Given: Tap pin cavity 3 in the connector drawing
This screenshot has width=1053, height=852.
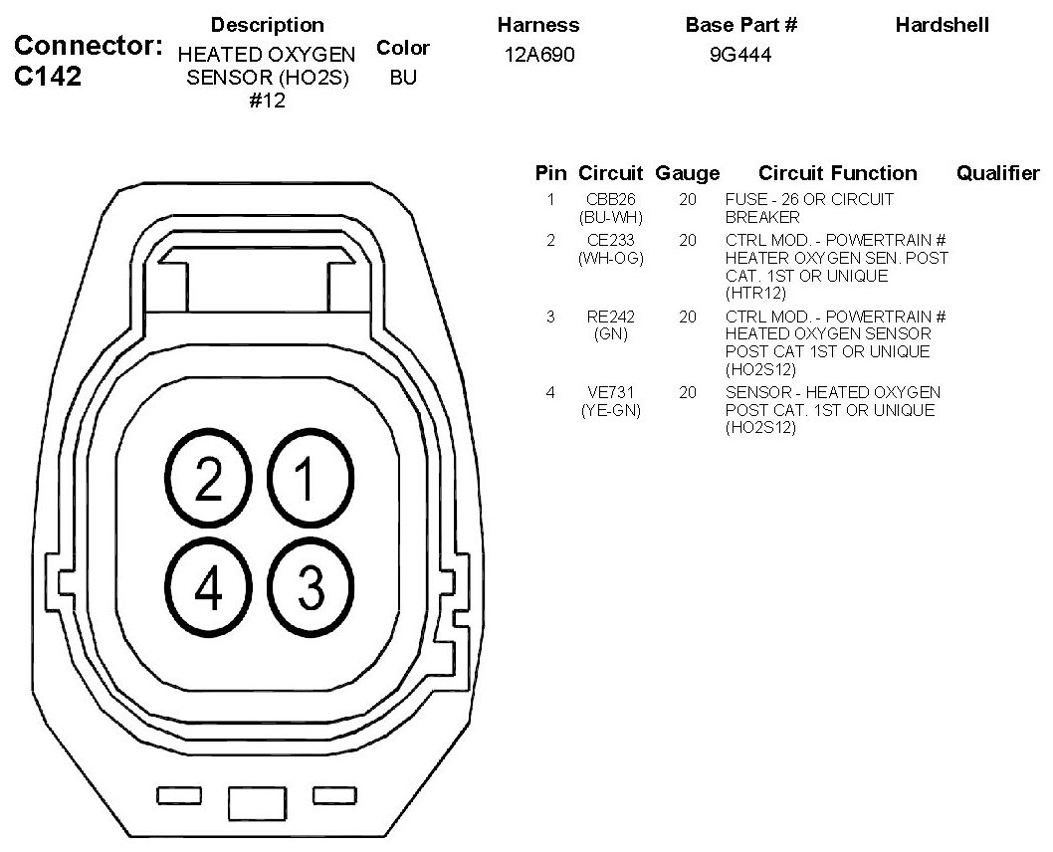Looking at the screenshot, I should coord(310,589).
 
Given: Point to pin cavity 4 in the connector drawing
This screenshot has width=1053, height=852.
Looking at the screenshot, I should coord(209,589).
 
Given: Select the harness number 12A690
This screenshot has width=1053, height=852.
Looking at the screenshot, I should coord(539,56).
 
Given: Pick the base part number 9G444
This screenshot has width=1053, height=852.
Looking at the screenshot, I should coord(740,56).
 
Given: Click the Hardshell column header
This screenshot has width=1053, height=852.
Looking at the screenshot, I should coord(942,25).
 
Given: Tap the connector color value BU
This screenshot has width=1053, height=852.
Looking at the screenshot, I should coord(403,78).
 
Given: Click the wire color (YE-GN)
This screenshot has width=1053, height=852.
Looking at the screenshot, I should coord(611,410).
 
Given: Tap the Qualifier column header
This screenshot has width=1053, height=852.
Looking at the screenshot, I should coord(997,173).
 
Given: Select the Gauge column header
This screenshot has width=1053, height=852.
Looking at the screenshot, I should coord(687,173).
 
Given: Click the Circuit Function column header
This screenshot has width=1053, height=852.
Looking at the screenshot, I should coord(837,173).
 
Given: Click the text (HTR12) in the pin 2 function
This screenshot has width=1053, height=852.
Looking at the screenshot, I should coord(755,293).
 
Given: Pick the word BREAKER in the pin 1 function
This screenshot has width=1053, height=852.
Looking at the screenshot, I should coord(762,217).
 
